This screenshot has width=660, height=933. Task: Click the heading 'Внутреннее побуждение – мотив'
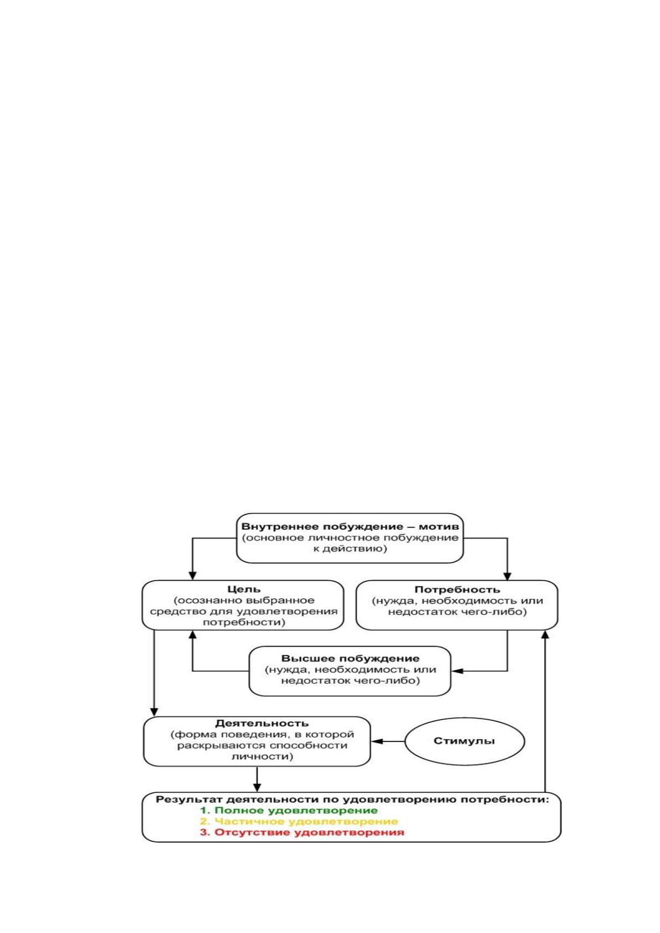(x=350, y=526)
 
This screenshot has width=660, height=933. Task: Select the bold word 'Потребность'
(x=457, y=589)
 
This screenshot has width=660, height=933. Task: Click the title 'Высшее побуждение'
(x=350, y=659)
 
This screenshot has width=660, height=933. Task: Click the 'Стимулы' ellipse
(x=464, y=741)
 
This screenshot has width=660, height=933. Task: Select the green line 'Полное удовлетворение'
(x=289, y=811)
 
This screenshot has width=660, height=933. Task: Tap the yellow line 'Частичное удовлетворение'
(x=299, y=822)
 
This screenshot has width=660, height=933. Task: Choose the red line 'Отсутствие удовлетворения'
(x=302, y=832)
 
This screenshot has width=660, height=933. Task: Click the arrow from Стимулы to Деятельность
(x=388, y=741)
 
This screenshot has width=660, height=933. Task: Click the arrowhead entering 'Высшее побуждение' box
(x=457, y=671)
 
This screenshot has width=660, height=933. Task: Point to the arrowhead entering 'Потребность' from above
(x=507, y=576)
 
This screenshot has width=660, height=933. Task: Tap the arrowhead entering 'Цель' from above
(x=192, y=576)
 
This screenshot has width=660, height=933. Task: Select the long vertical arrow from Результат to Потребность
(x=545, y=711)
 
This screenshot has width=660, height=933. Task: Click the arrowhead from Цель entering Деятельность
(x=154, y=711)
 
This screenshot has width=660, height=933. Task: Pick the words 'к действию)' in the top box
(x=350, y=548)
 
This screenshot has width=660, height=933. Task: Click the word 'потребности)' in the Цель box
(x=244, y=622)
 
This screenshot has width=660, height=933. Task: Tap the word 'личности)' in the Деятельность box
(x=262, y=756)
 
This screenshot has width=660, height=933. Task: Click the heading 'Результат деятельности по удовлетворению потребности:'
(x=352, y=799)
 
